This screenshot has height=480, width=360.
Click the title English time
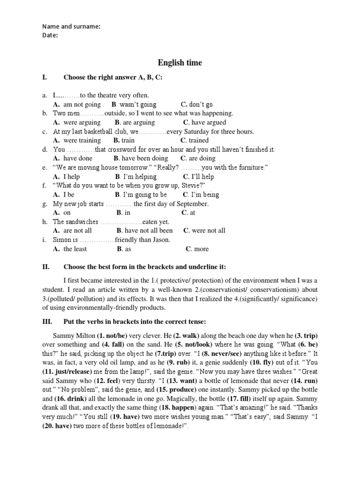click(x=180, y=62)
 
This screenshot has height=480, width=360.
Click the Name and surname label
click(x=71, y=26)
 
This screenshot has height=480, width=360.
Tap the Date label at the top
click(x=50, y=35)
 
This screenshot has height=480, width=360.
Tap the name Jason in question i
click(x=159, y=240)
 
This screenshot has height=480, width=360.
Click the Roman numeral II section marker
click(x=45, y=267)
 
